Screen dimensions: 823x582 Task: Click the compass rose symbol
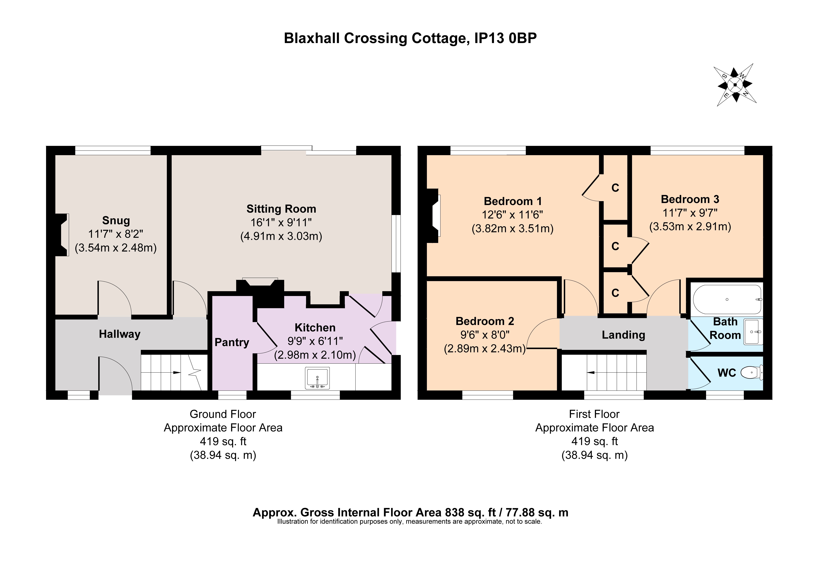pos(735,85)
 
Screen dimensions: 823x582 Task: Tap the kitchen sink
pos(317,378)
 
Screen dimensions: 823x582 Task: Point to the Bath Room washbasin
pos(753,332)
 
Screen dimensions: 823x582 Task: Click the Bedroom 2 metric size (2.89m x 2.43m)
pos(485,348)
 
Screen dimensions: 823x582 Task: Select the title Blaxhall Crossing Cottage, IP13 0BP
pos(410,38)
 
